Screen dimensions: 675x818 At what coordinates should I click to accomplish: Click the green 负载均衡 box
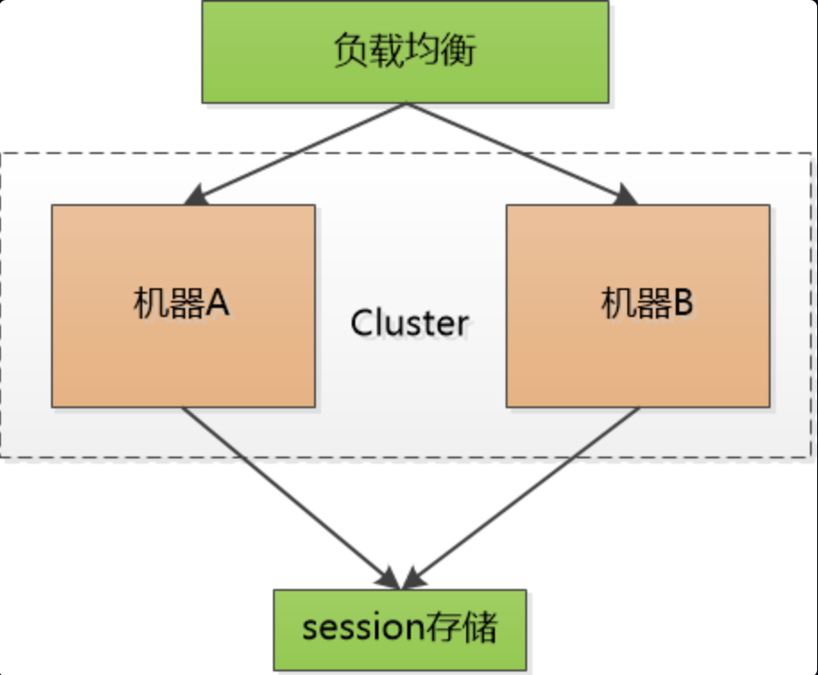[x=405, y=53]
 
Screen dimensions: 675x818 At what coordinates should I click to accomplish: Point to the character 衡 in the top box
[x=459, y=51]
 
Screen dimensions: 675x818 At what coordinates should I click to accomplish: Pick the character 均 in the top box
[x=423, y=51]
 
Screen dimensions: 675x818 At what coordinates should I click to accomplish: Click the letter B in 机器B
[x=682, y=304]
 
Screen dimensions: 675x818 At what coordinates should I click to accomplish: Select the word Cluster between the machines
[x=409, y=323]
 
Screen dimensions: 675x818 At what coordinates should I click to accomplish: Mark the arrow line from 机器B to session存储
[x=528, y=492]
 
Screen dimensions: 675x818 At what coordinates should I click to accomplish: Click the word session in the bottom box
[x=355, y=628]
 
